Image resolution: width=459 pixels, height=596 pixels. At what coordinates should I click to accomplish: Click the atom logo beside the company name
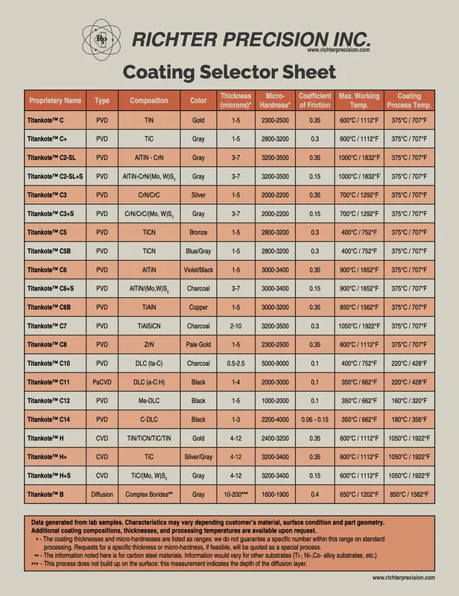coord(101,39)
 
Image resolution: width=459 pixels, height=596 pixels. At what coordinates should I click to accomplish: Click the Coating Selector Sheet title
coord(229,72)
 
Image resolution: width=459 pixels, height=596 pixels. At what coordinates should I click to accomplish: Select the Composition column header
coord(149,101)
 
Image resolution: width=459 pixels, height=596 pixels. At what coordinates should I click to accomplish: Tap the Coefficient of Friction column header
coord(315,101)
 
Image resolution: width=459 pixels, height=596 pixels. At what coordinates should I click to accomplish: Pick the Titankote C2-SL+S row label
coord(55,177)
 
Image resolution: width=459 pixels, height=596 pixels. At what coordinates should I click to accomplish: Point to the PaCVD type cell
coord(102,382)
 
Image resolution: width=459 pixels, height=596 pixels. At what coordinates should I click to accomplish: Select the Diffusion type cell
coord(102,495)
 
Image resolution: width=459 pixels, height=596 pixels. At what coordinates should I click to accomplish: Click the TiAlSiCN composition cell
coord(149,326)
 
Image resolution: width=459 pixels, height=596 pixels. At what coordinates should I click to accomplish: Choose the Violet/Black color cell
coord(198,270)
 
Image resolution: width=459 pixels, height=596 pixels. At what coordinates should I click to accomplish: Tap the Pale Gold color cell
coord(198,345)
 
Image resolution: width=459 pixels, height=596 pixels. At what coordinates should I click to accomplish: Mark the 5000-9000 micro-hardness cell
coord(275,364)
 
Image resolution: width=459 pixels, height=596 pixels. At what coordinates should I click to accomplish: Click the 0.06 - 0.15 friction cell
coord(315,419)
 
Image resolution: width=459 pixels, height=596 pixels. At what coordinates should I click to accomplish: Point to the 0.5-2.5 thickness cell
coord(235,364)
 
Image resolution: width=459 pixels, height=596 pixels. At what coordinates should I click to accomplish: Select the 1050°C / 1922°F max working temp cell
coord(359,326)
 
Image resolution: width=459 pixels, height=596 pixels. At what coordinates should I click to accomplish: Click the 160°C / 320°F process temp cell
coord(409,401)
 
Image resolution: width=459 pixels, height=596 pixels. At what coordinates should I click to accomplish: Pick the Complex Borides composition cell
coord(149,495)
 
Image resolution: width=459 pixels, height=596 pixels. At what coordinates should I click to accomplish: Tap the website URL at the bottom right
coord(404,578)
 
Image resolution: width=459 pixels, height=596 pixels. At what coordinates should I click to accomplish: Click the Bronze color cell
coord(198,232)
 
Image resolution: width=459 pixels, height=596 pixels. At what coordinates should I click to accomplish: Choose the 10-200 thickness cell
coord(235,495)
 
